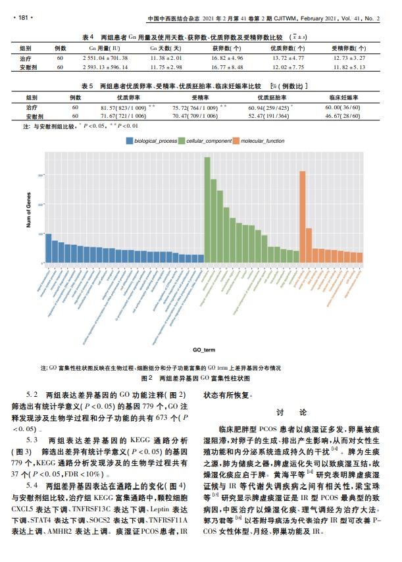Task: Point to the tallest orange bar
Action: pyautogui.click(x=302, y=217)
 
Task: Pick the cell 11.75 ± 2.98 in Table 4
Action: pyautogui.click(x=162, y=67)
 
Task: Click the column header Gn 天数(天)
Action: pyautogui.click(x=162, y=49)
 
